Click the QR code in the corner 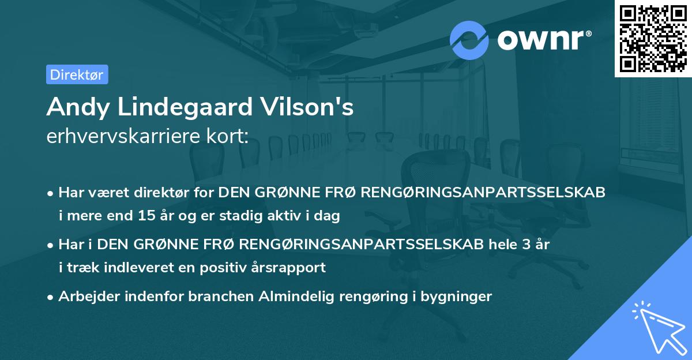(653, 39)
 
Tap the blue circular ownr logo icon (469, 40)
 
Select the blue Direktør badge (77, 74)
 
